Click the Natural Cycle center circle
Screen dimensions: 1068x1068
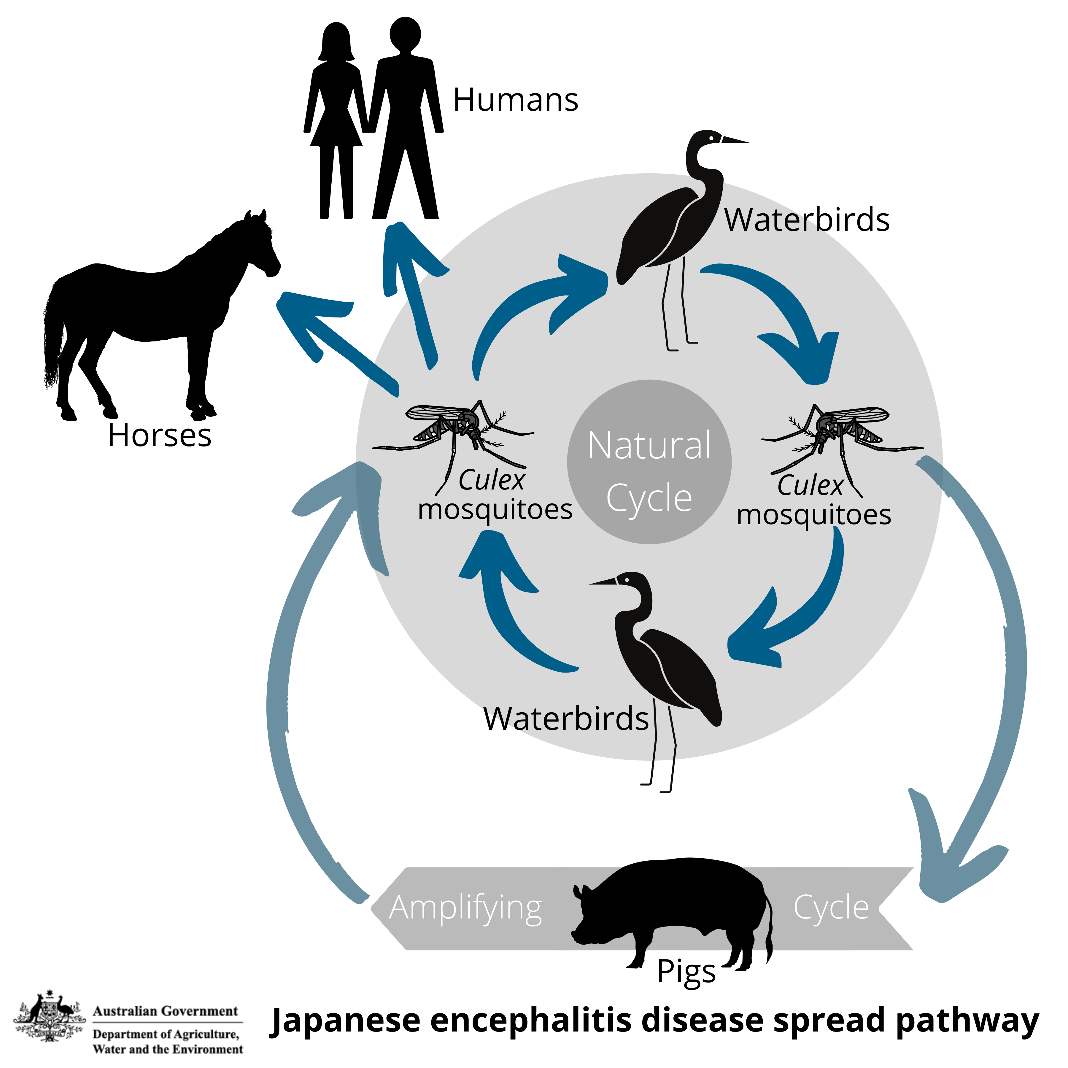[649, 462]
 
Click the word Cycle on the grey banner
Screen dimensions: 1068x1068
[831, 908]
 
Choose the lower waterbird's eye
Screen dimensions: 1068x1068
[627, 579]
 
